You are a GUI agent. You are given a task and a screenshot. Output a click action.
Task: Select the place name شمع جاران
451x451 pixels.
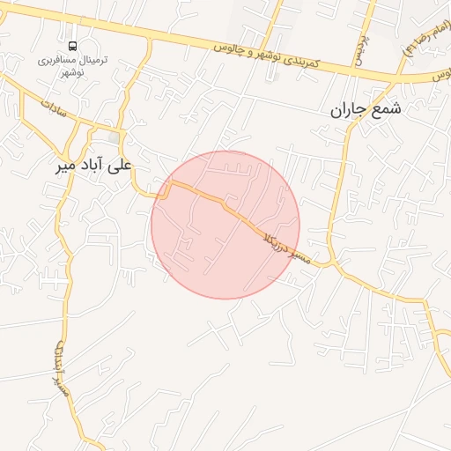click(366, 109)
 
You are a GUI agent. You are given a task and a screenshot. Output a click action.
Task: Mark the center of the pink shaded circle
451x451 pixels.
click(225, 225)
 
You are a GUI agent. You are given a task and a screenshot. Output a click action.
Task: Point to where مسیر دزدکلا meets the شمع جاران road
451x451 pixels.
click(333, 262)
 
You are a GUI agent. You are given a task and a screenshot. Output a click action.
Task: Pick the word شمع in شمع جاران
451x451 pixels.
click(387, 109)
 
